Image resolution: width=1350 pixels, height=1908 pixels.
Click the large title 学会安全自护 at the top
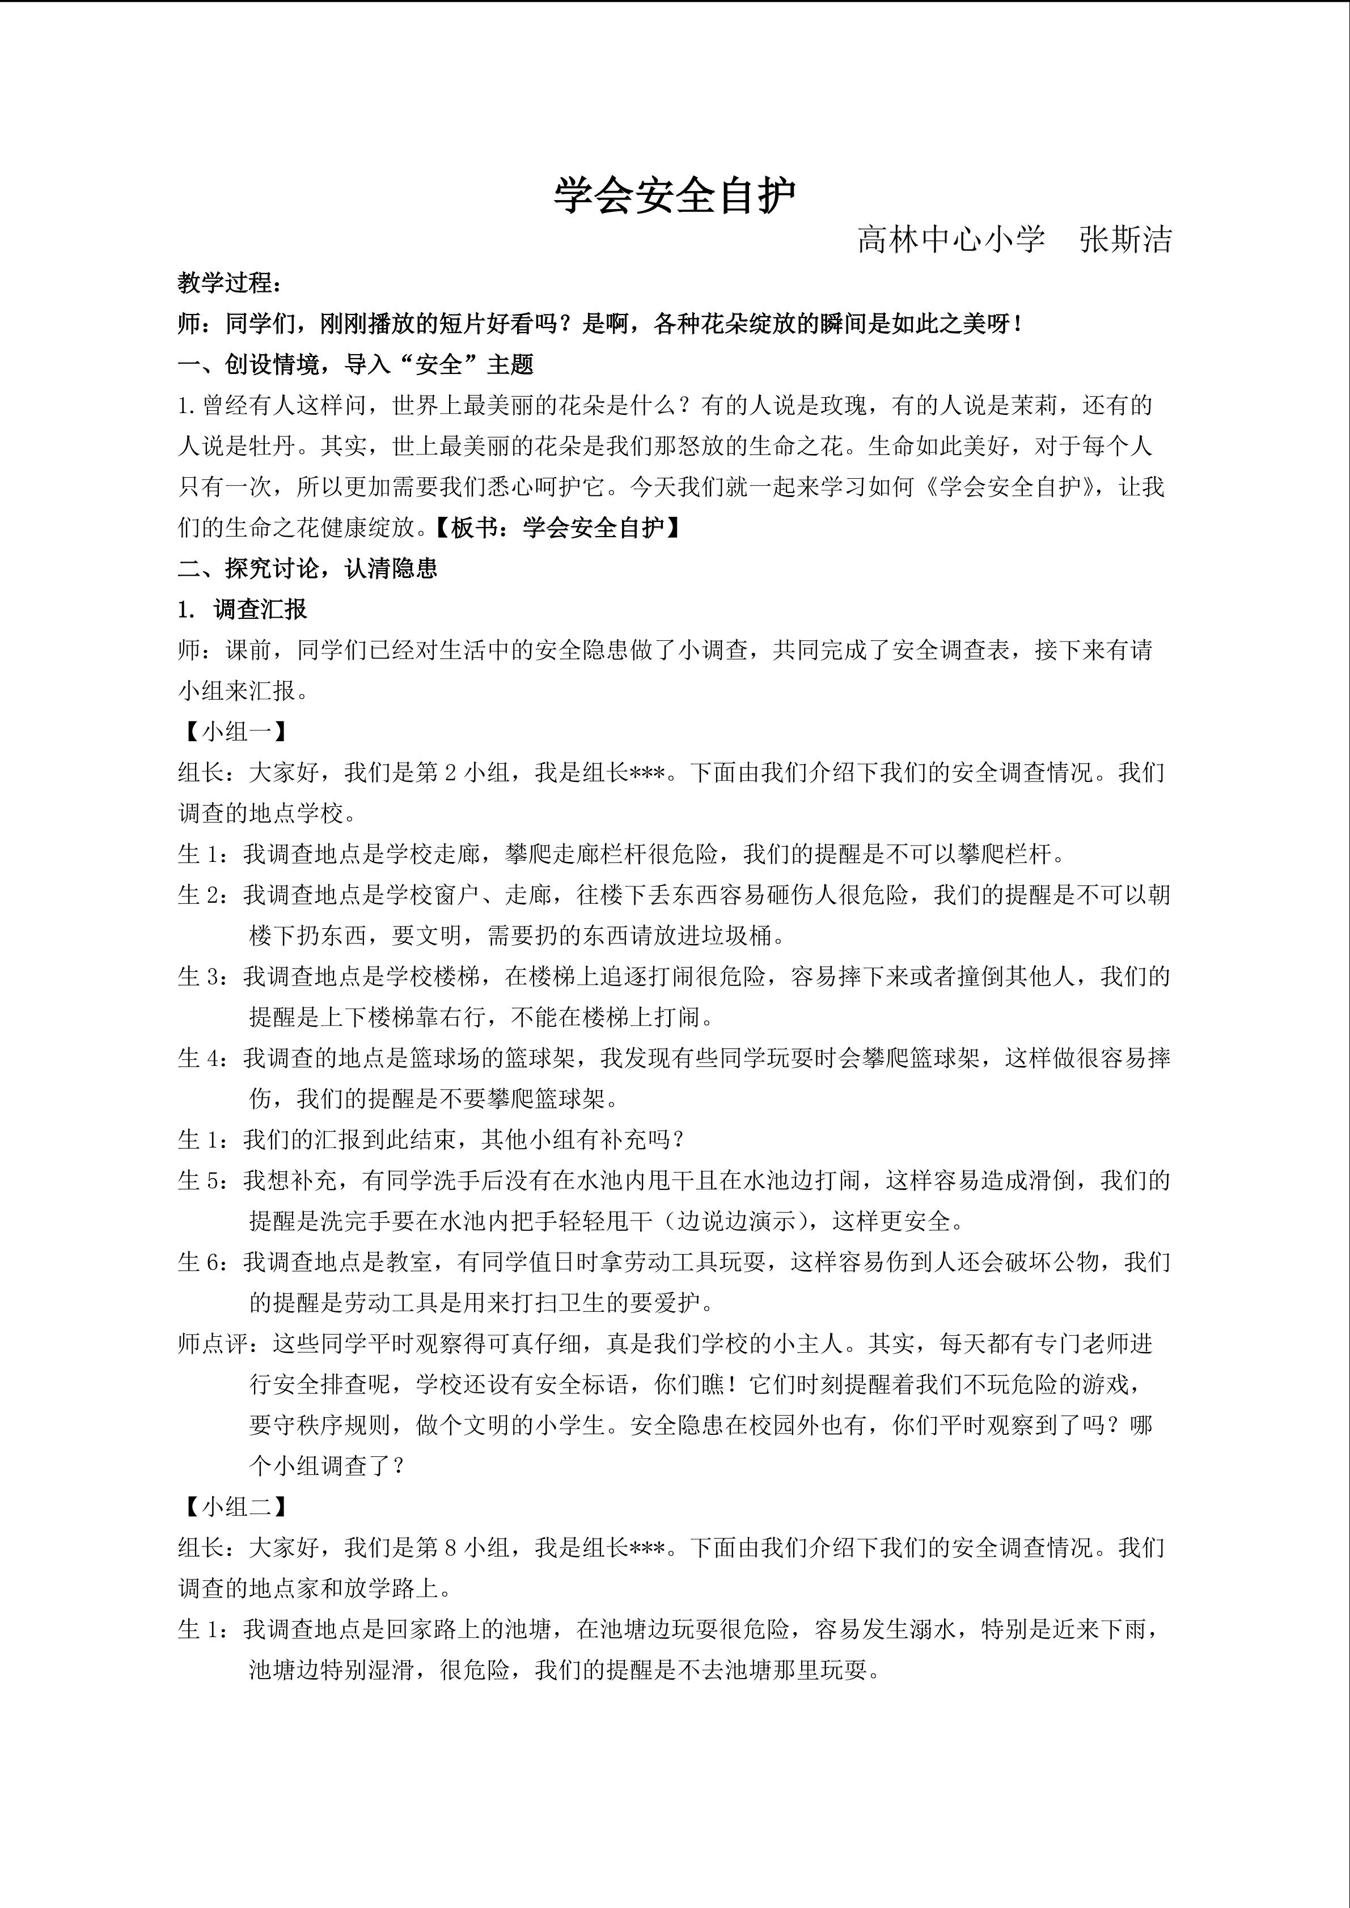(x=675, y=196)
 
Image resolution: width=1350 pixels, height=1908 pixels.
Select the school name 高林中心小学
(x=951, y=240)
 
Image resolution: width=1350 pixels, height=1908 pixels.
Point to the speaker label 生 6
(x=201, y=1263)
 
